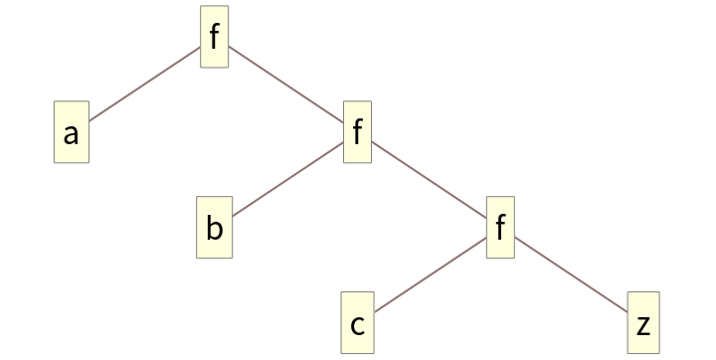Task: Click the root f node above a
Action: tap(214, 38)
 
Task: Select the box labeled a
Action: tap(71, 133)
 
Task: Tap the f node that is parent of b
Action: tap(357, 133)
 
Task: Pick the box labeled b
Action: tap(214, 229)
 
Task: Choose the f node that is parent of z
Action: tap(500, 229)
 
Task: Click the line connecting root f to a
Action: tap(145, 84)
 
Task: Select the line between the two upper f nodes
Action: tap(285, 86)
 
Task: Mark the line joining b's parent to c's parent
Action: tap(429, 181)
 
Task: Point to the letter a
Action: tap(71, 134)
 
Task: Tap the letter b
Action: tap(214, 229)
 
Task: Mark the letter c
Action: tap(357, 325)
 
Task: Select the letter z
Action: tap(643, 325)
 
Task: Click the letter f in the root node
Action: tap(214, 36)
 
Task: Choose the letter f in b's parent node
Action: tap(357, 131)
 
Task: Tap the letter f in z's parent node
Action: tap(500, 227)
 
